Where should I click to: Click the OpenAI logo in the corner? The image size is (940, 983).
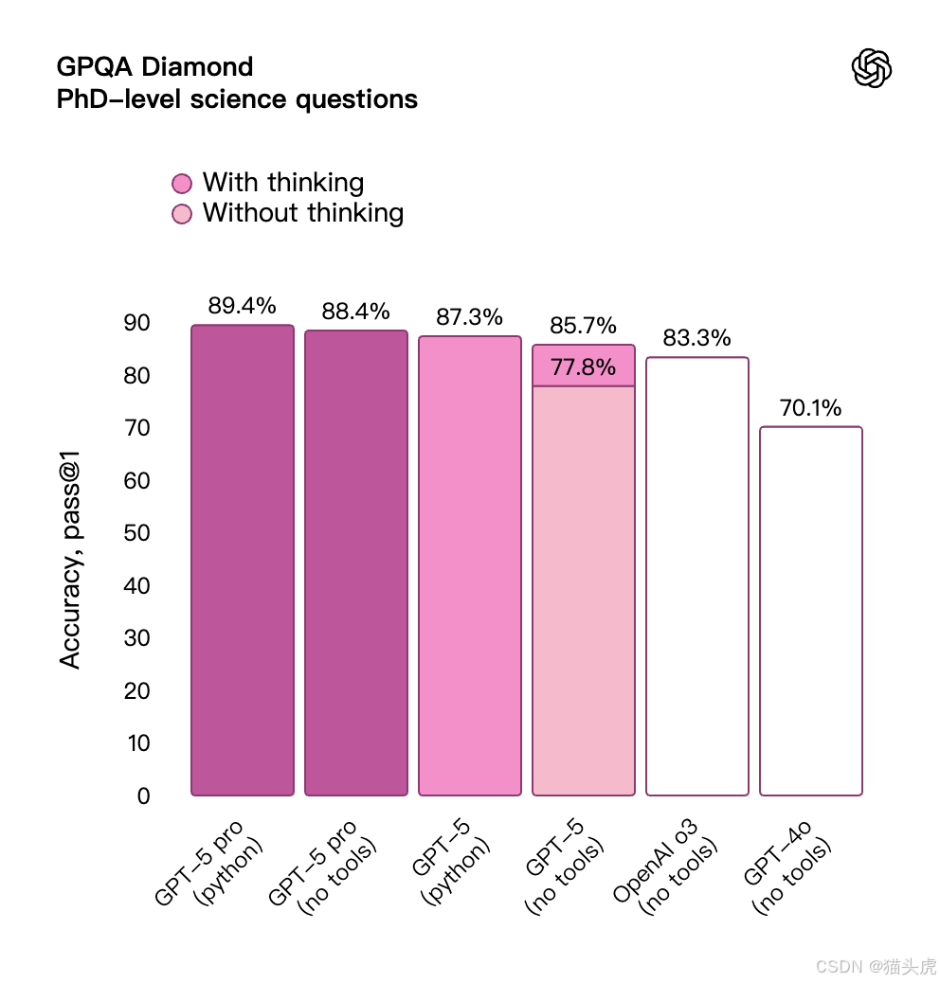coord(872,69)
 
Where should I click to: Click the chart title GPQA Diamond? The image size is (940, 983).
coord(154,67)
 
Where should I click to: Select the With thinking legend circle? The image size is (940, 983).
coord(182,183)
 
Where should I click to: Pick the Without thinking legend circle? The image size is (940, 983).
coord(182,214)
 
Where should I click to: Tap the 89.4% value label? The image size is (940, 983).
coord(242,306)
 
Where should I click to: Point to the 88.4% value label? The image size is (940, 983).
coord(355,312)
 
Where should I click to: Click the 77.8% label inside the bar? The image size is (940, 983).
coord(583,367)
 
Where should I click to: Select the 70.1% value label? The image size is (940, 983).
coord(810,408)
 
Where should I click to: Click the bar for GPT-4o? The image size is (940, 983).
coord(810,611)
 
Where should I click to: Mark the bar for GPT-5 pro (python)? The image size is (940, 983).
coord(243,560)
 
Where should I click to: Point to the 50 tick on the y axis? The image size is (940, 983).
coord(137,533)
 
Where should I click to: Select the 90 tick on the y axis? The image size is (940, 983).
coord(137,323)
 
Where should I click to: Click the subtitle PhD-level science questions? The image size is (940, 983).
coord(237,99)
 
